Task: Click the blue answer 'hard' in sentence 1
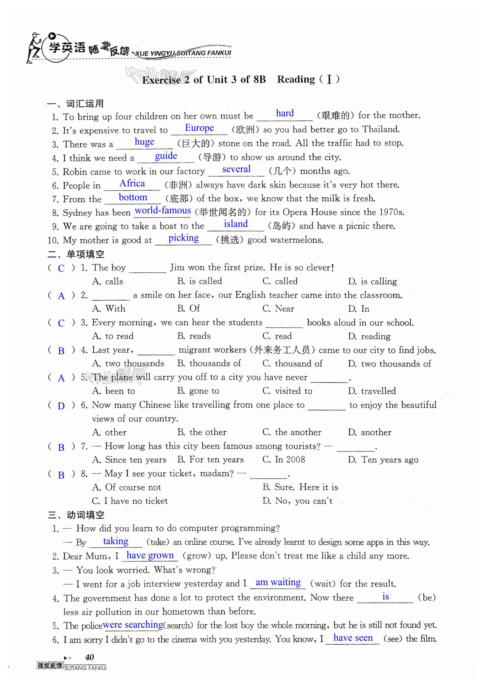(285, 113)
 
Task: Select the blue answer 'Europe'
(199, 128)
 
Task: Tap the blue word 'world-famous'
(163, 210)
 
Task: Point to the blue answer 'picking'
(183, 238)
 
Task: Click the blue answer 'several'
(236, 169)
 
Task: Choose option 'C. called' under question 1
(280, 281)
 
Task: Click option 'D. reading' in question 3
(369, 336)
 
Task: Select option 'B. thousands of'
(209, 363)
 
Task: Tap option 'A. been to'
(113, 391)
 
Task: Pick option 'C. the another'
(292, 432)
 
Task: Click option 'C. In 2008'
(284, 459)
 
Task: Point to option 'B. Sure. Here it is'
(300, 487)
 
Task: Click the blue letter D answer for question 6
(61, 406)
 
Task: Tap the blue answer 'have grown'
(150, 555)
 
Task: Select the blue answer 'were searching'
(133, 624)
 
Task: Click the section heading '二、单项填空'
(76, 254)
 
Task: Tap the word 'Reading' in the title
(296, 79)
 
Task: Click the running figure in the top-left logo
(33, 48)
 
